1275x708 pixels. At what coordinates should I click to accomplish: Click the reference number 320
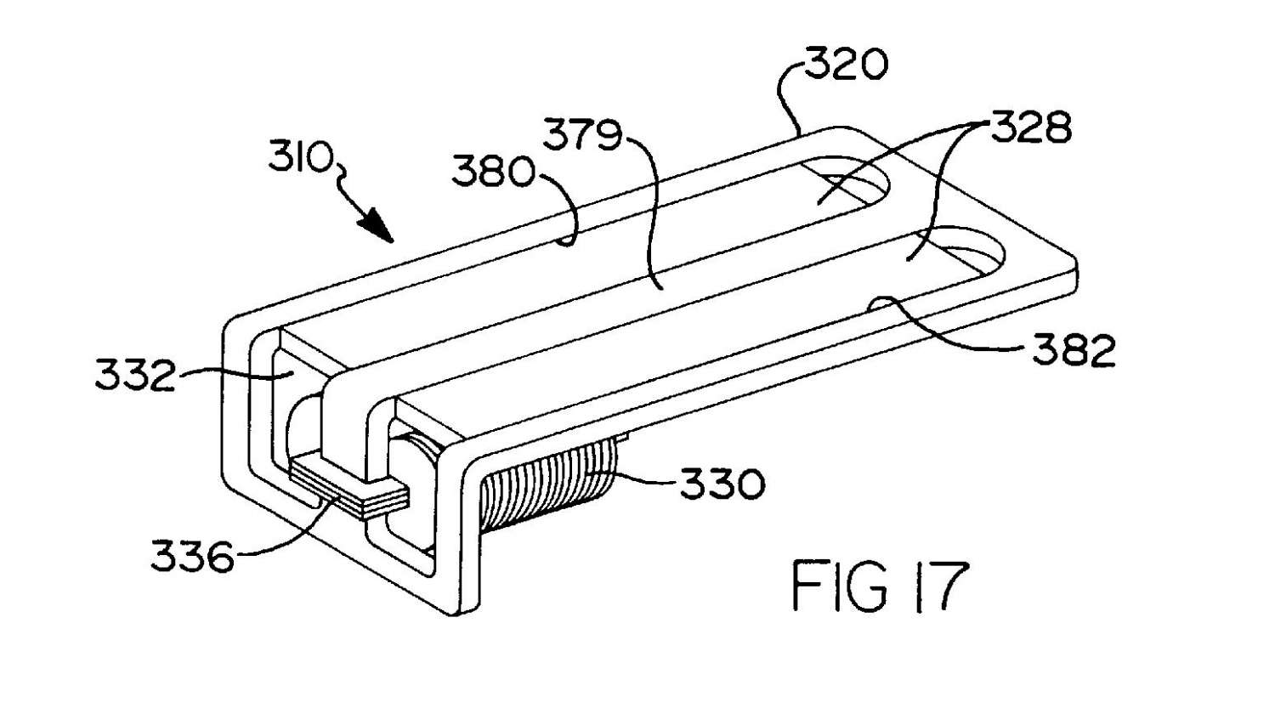[x=846, y=65]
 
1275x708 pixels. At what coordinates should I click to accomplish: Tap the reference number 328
[x=1031, y=127]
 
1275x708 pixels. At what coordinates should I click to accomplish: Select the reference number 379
[x=581, y=134]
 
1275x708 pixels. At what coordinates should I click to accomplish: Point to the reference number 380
[x=493, y=172]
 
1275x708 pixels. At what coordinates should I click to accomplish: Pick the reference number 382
[x=1074, y=350]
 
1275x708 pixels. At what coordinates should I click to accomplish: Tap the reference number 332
[x=135, y=375]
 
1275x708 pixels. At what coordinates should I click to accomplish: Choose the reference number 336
[x=192, y=556]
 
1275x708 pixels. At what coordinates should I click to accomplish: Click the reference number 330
[x=722, y=484]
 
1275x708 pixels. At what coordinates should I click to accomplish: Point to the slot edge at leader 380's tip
[x=564, y=242]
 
